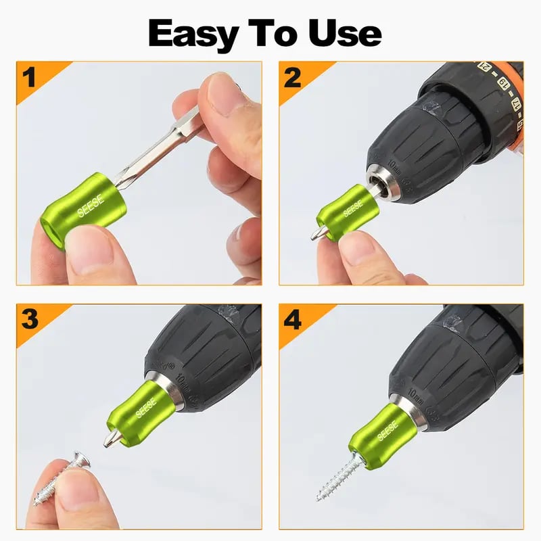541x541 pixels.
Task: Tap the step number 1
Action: pyautogui.click(x=28, y=78)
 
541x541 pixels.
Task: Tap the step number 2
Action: pyautogui.click(x=293, y=78)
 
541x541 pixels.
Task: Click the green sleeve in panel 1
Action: pyautogui.click(x=85, y=207)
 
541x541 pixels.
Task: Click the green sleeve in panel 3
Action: pyautogui.click(x=139, y=412)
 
